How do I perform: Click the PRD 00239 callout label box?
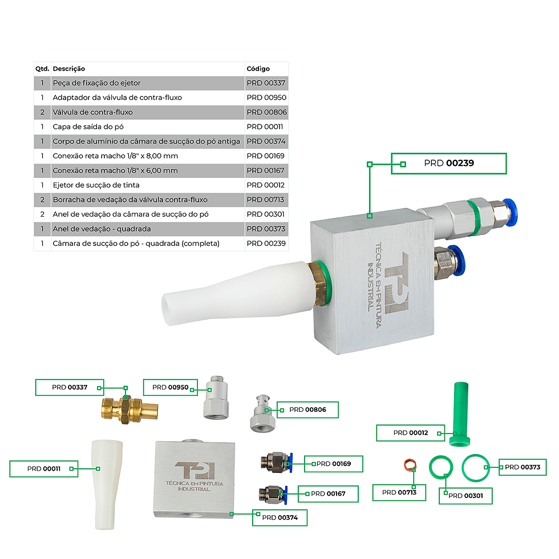449,164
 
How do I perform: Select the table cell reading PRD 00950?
266,98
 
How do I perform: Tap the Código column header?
258,69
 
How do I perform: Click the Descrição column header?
69,69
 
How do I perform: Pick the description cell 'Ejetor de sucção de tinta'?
96,185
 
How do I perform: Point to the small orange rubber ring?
410,464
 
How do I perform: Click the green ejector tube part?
460,414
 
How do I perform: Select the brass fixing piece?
129,410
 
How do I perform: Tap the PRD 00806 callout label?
307,410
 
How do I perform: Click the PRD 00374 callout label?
280,518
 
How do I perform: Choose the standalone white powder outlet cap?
107,485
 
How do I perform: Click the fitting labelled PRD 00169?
277,463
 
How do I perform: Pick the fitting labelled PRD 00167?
273,495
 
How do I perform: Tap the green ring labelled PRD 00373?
463,467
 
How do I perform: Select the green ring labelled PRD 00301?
430,467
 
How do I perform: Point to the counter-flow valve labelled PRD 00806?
263,413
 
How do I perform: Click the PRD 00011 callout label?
44,469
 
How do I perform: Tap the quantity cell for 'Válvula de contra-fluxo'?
42,112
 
